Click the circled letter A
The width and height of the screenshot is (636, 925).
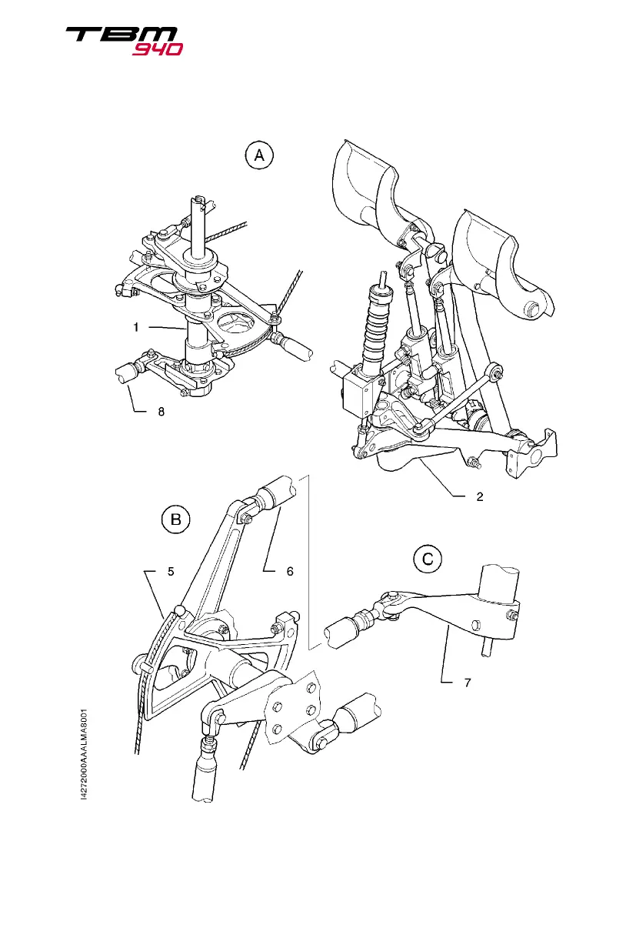pyautogui.click(x=259, y=156)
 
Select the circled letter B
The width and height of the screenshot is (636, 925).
pyautogui.click(x=175, y=521)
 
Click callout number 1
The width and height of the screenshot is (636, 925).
pyautogui.click(x=136, y=327)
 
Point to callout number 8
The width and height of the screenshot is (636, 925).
pyautogui.click(x=160, y=412)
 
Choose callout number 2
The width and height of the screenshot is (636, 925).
pyautogui.click(x=478, y=496)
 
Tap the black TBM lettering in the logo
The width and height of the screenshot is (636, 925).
pyautogui.click(x=122, y=35)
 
